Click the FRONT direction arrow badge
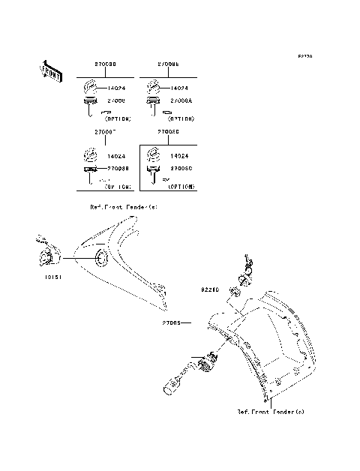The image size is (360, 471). pos(50,70)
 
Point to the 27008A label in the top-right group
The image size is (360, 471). pos(182,100)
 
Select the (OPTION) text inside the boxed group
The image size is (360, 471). pos(180,185)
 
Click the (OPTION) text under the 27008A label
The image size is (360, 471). pos(181,118)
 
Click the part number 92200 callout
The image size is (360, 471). pos(209,288)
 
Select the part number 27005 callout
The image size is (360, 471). pos(171,324)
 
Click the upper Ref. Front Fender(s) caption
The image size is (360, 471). pos(124,205)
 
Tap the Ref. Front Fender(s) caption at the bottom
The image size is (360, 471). pos(271,412)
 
